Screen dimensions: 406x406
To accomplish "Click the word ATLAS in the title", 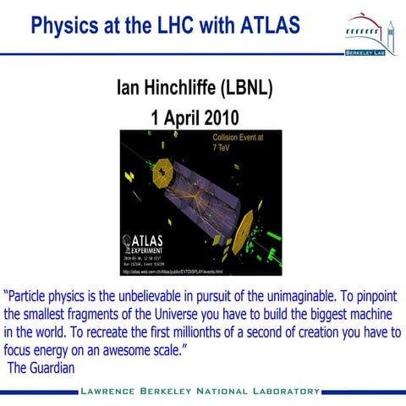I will click(x=260, y=24).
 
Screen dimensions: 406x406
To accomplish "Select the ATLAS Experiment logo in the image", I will click(x=147, y=245).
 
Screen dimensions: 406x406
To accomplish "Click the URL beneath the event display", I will click(x=173, y=272).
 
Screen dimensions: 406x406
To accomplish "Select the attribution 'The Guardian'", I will click(x=41, y=368).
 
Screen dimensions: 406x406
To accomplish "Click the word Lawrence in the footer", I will click(x=115, y=392).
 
